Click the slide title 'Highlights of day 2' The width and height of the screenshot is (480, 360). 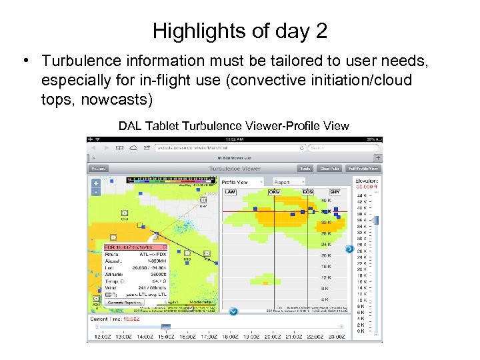(239, 31)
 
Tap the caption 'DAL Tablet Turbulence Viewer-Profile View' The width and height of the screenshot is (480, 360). (233, 126)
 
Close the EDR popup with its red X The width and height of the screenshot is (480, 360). (164, 247)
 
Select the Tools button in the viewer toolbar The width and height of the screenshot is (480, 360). (305, 169)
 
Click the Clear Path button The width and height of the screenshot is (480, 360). (329, 169)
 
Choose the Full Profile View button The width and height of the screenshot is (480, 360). (363, 169)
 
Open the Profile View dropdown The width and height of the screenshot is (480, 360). (242, 181)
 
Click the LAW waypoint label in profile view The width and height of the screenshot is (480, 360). (230, 191)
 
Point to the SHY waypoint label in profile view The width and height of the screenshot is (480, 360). (335, 191)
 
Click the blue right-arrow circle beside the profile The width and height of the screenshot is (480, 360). (349, 249)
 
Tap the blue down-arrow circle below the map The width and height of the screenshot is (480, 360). (233, 311)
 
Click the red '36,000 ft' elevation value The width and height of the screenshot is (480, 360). (366, 187)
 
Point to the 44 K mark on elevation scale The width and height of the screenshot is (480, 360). (361, 195)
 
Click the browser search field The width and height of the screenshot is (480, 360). (340, 147)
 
